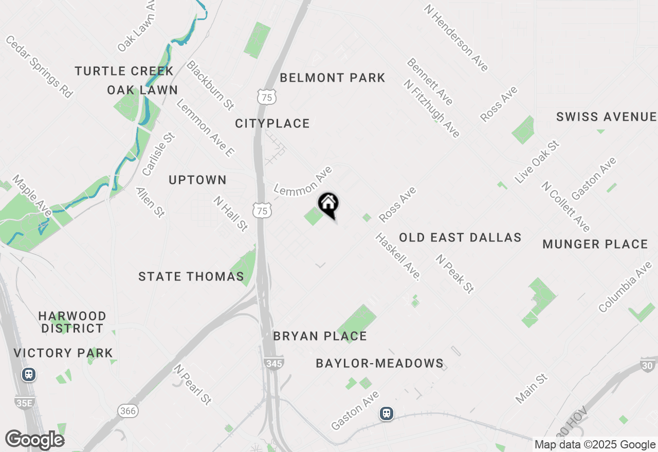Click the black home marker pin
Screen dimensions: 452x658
[x=328, y=204]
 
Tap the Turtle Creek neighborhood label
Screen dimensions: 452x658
[x=124, y=71]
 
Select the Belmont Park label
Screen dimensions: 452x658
[x=333, y=78]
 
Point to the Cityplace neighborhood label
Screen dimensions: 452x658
[x=272, y=123]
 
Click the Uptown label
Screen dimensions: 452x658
[x=198, y=180]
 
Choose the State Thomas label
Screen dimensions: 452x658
[x=191, y=276]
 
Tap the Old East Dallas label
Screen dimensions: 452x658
[x=460, y=237]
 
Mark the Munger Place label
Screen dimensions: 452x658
[x=595, y=244]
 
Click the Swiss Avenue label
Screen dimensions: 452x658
[x=607, y=117]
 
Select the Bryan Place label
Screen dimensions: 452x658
[x=320, y=336]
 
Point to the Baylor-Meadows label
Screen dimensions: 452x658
[x=379, y=363]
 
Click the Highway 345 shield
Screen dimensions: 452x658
[x=275, y=363]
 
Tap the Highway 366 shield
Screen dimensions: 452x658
[x=127, y=410]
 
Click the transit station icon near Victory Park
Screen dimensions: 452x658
[x=29, y=374]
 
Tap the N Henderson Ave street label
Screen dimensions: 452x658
[x=456, y=38]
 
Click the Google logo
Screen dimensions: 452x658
[x=35, y=440]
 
